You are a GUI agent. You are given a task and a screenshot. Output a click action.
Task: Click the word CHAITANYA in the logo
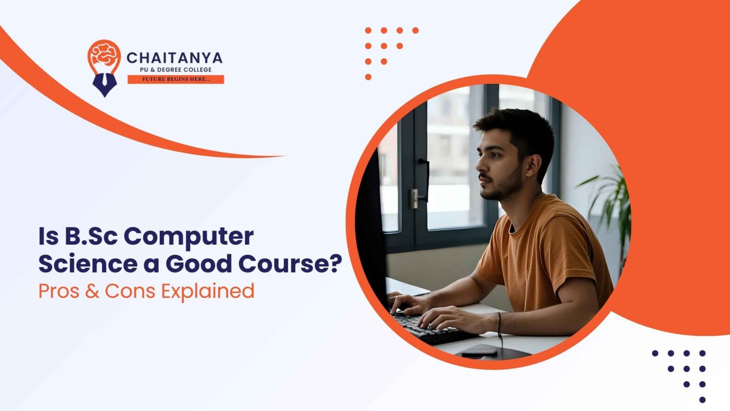[x=175, y=58]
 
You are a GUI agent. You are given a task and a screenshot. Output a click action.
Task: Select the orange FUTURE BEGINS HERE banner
[x=176, y=80]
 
